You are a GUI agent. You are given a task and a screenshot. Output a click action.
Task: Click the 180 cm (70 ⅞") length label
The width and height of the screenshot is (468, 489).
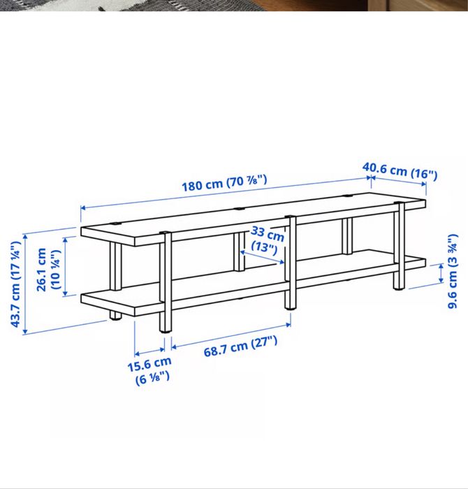coord(224,183)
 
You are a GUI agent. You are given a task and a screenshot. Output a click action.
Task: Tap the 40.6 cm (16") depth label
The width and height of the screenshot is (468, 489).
coord(400,171)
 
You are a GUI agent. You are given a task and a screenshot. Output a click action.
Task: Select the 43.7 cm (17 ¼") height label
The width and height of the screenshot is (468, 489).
coord(15,284)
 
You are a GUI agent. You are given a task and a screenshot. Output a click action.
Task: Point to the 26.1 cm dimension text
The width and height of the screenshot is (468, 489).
coord(41,270)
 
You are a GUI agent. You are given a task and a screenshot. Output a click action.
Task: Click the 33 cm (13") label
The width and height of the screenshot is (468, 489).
coord(267,240)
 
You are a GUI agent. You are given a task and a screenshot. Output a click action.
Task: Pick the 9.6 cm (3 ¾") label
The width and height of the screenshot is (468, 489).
coord(453,271)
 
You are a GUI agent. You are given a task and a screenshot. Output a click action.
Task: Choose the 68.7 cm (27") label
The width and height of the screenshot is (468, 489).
coord(240,346)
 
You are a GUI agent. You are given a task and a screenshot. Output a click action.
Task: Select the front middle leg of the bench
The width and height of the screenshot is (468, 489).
coord(291,262)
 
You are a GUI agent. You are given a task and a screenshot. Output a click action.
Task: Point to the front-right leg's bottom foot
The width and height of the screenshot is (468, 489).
coord(399,289)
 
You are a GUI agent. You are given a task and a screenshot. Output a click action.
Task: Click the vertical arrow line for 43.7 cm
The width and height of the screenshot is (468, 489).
coord(25,284)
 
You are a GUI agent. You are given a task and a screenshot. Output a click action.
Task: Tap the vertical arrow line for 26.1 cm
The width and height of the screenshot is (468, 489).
coord(65,266)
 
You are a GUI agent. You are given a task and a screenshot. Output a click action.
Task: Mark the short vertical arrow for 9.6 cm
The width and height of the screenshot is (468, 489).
coord(441,273)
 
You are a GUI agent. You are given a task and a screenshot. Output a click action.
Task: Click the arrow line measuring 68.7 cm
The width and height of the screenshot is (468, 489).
coord(231,335)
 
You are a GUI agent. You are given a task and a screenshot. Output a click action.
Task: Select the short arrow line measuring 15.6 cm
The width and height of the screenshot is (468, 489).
coord(149,351)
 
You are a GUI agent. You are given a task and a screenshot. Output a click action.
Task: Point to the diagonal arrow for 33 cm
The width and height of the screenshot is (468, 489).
coord(262,256)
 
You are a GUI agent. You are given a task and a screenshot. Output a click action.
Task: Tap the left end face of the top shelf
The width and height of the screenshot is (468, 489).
coord(108,236)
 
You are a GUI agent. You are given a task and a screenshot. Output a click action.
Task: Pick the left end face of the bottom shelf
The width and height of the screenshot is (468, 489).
coord(108,303)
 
